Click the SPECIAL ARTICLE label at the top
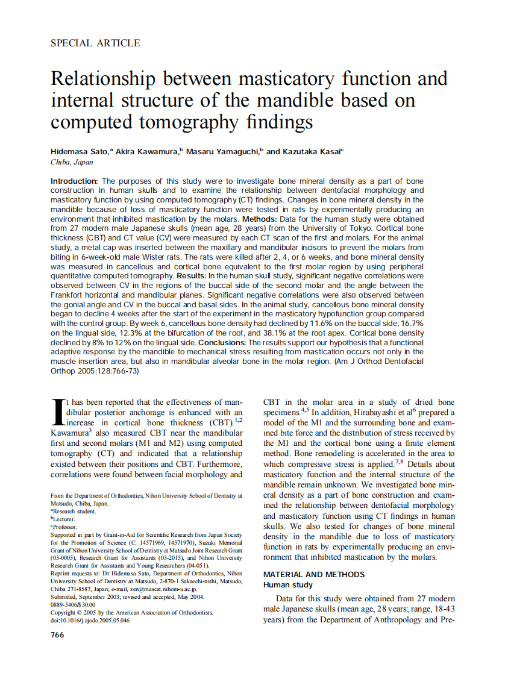click(95, 43)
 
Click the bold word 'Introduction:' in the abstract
click(74, 181)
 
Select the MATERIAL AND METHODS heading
click(314, 574)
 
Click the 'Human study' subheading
click(287, 585)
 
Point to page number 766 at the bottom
click(57, 635)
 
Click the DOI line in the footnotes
click(90, 620)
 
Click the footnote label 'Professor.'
click(64, 527)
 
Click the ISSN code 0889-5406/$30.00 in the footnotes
click(73, 604)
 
